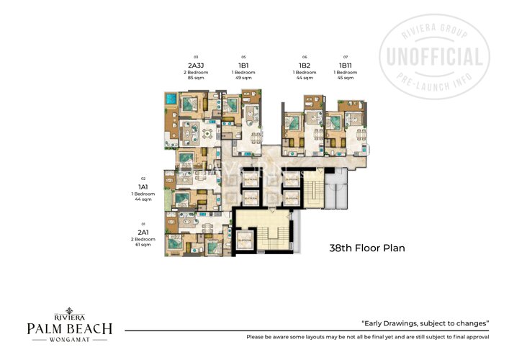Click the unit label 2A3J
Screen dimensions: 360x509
click(194, 65)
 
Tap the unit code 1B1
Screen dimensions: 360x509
click(244, 65)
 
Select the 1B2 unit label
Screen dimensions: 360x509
click(305, 65)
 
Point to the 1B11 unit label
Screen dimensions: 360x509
click(346, 65)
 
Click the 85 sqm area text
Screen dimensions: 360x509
click(194, 78)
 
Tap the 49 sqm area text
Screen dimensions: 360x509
click(244, 78)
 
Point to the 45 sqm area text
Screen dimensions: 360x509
click(346, 78)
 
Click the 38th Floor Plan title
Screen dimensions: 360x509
click(367, 248)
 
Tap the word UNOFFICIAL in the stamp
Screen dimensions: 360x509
click(435, 57)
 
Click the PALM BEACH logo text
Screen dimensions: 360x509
click(70, 328)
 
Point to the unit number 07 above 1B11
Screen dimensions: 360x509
click(346, 57)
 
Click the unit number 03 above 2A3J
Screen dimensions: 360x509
click(194, 57)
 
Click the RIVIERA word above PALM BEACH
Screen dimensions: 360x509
click(70, 315)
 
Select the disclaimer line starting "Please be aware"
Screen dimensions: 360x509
click(367, 337)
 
